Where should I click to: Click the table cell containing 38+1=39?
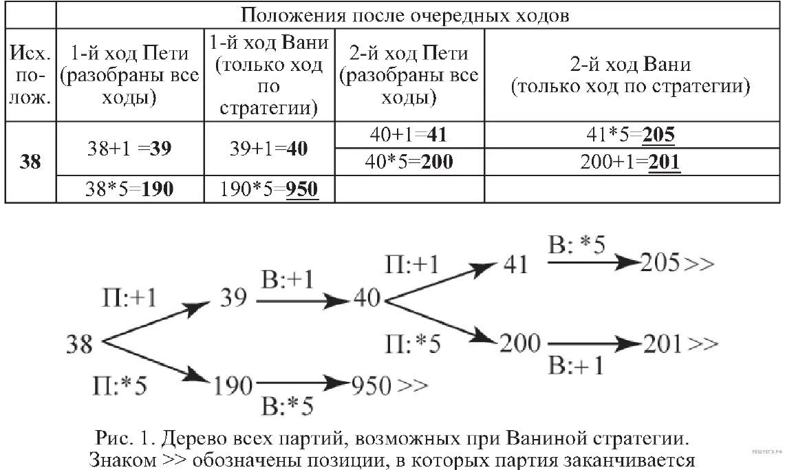pyautogui.click(x=129, y=148)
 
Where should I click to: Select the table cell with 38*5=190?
pyautogui.click(x=129, y=189)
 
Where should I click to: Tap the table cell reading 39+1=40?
pyautogui.click(x=269, y=148)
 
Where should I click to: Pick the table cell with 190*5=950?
pyautogui.click(x=269, y=189)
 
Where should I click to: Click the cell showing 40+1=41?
pyautogui.click(x=409, y=135)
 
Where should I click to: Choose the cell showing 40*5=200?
pyautogui.click(x=409, y=162)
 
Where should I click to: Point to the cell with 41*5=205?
pyautogui.click(x=632, y=135)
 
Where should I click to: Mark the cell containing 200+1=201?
pyautogui.click(x=632, y=162)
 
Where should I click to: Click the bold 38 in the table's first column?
pyautogui.click(x=30, y=162)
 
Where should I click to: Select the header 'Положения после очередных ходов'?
pyautogui.click(x=405, y=15)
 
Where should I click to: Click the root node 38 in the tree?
pyautogui.click(x=79, y=344)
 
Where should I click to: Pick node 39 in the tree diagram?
pyautogui.click(x=234, y=298)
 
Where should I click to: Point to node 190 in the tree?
pyautogui.click(x=233, y=386)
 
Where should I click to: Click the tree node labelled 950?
pyautogui.click(x=371, y=385)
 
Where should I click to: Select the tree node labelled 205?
pyautogui.click(x=660, y=263)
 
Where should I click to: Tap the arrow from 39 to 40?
pyautogui.click(x=302, y=301)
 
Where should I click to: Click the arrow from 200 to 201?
pyautogui.click(x=594, y=344)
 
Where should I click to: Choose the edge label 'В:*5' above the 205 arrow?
pyautogui.click(x=577, y=245)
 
